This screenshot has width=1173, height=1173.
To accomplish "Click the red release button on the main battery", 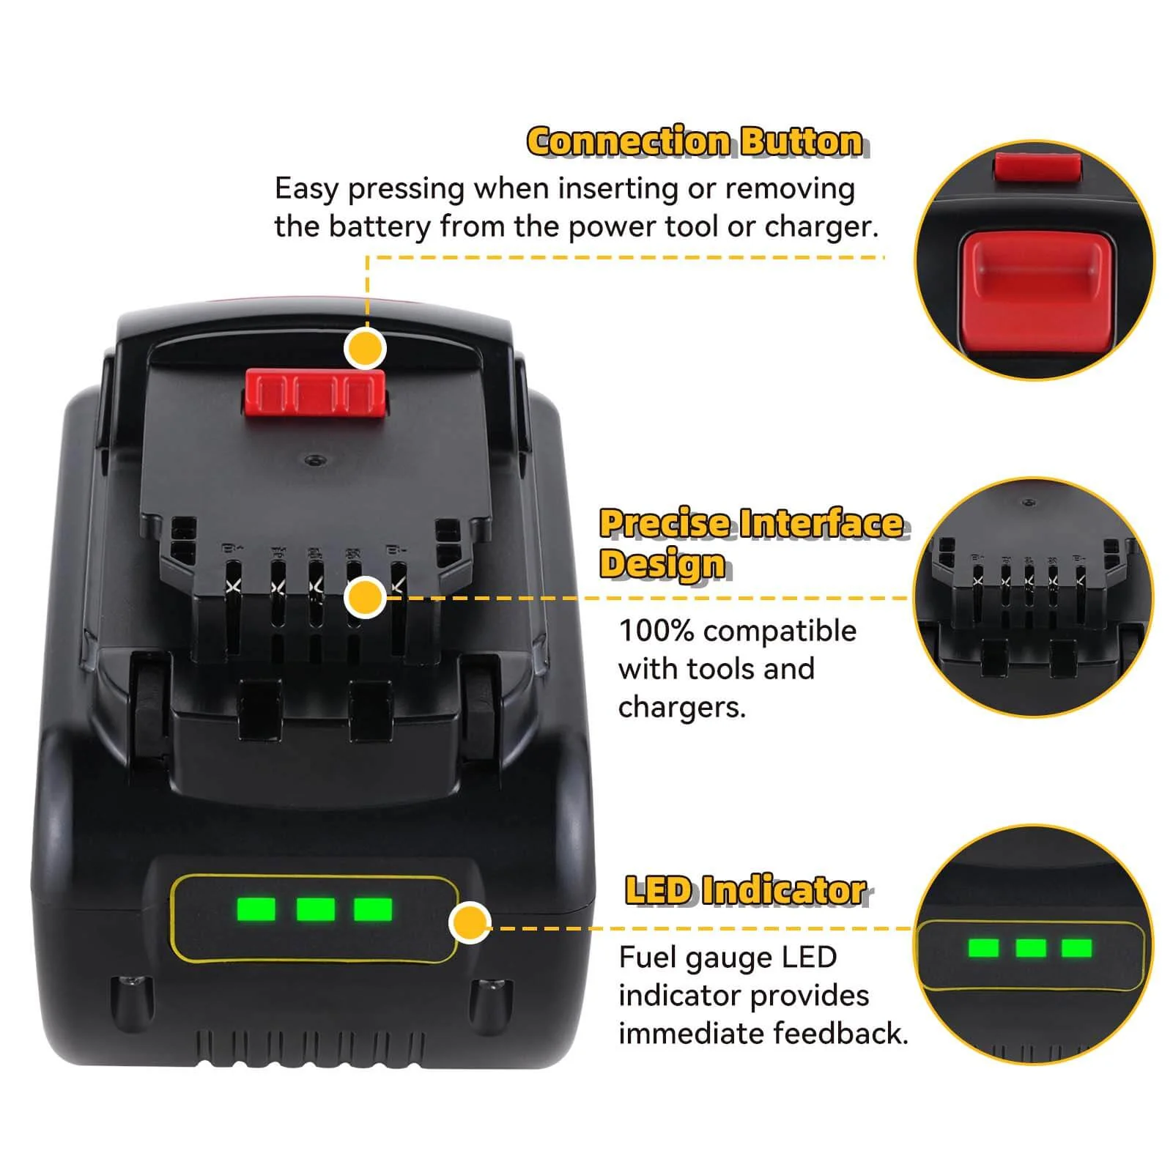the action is (315, 392).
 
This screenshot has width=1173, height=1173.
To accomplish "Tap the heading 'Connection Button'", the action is (695, 141).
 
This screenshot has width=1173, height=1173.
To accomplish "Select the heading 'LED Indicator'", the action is (746, 890).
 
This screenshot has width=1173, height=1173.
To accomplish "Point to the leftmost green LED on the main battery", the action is (256, 909).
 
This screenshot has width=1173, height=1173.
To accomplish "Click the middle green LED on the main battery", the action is (316, 909).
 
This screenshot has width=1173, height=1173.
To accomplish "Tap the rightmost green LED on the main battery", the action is (373, 909).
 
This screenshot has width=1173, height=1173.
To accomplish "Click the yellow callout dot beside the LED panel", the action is (469, 923).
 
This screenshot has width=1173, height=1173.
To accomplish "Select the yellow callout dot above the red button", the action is (365, 349).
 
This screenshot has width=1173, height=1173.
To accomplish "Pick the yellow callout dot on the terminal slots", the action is (365, 597).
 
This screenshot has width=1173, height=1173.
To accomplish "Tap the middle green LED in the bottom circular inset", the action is (1030, 948).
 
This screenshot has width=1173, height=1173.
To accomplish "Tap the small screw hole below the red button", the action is (315, 460).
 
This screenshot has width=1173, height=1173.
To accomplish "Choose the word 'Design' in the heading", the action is (662, 563).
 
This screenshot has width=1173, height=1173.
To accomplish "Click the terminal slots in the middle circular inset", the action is (1029, 582).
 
